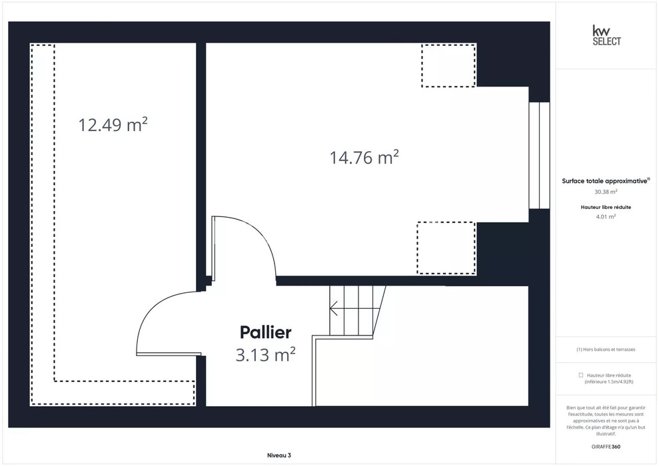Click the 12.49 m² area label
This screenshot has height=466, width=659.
[x=113, y=124]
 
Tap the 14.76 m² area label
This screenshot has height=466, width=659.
[x=364, y=157]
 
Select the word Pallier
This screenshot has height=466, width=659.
[x=265, y=332]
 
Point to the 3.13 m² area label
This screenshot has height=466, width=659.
[x=265, y=355]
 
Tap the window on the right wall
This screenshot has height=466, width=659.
[x=539, y=155]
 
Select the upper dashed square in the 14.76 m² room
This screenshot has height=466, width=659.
[x=448, y=65]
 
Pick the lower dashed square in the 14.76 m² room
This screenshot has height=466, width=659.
[x=446, y=248]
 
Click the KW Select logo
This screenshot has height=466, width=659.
[x=606, y=35]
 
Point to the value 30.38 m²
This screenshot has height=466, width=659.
[x=606, y=192]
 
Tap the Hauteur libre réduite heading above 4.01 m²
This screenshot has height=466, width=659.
[x=606, y=207]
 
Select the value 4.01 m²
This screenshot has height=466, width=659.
[x=606, y=216]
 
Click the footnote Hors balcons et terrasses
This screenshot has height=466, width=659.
[x=606, y=349]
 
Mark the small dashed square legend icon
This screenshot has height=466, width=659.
[x=581, y=375]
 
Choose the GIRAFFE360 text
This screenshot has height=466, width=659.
[x=606, y=447]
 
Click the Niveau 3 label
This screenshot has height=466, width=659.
[x=279, y=455]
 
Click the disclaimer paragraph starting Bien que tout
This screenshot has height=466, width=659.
[x=606, y=421]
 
